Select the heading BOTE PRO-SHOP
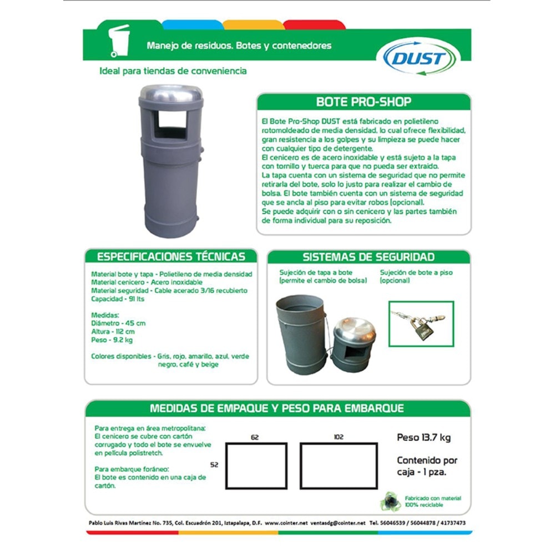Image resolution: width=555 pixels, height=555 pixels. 364,102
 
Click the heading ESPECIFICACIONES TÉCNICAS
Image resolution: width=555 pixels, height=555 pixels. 171,257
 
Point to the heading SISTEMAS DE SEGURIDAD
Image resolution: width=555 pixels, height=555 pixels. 369,257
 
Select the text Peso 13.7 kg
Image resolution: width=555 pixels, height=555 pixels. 423,438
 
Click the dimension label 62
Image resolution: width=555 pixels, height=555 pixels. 255,438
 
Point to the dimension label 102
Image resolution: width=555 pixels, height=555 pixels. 339,437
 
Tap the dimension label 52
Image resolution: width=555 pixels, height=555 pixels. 215,465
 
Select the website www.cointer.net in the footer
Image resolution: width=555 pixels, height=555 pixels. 286,523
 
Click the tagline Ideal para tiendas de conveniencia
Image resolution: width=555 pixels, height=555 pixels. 173,72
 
